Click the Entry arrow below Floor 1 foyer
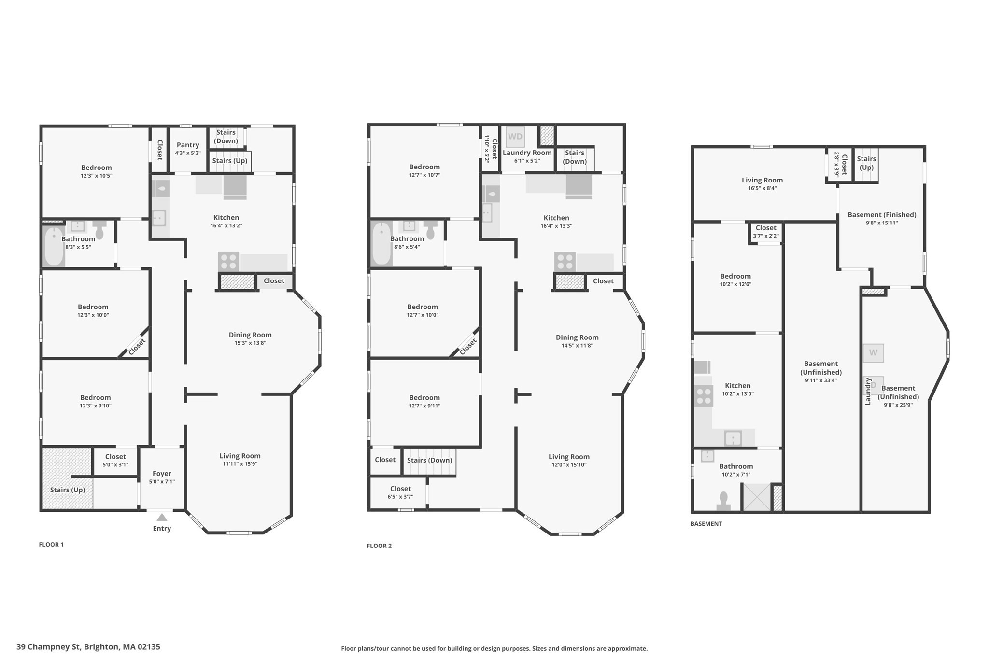point(162,517)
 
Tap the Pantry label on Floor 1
point(188,145)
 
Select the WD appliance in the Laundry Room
point(515,137)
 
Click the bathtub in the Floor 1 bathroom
point(54,246)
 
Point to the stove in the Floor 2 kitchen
point(565,261)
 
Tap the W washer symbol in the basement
point(873,353)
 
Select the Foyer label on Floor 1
point(162,474)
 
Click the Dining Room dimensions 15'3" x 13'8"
point(250,343)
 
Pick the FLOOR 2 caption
point(379,546)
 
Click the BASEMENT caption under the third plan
point(706,524)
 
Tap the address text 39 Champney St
point(88,647)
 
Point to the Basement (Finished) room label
point(882,215)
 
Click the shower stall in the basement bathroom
point(756,497)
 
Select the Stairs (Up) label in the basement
point(866,163)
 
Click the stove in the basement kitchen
point(704,396)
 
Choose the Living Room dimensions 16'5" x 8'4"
point(762,188)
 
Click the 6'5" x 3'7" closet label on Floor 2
point(400,497)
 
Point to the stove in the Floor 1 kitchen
point(228,261)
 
